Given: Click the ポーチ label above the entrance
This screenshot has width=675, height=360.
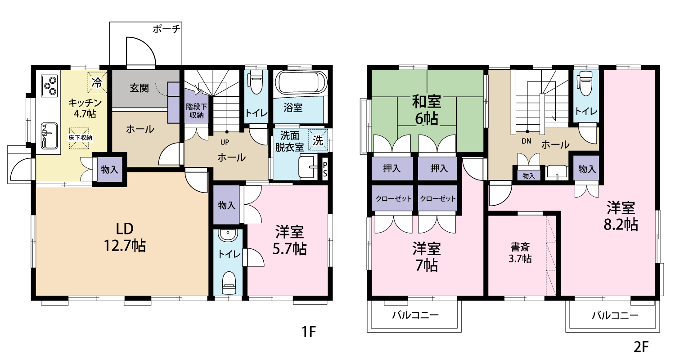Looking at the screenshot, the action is [x=166, y=29].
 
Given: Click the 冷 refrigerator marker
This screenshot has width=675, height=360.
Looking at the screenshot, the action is [x=97, y=82].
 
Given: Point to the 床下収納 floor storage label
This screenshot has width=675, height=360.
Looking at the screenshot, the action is [x=80, y=138].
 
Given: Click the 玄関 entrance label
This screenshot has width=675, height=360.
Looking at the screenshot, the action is [x=139, y=88].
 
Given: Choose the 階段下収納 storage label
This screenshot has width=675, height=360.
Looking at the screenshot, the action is [x=197, y=111].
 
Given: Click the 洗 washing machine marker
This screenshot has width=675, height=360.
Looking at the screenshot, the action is [x=318, y=140].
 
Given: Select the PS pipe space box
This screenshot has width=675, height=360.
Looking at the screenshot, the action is [x=325, y=169].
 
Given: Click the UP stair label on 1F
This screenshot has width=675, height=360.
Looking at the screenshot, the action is [x=225, y=142].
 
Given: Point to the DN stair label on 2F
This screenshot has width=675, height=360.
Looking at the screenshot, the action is [x=526, y=141].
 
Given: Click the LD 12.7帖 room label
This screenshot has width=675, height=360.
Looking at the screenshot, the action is [x=125, y=238].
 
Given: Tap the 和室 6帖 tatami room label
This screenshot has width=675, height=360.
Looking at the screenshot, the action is [x=427, y=110].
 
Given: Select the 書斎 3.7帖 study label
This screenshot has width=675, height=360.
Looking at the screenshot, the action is [x=520, y=253].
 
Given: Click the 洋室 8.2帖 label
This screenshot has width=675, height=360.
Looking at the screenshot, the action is [x=621, y=216].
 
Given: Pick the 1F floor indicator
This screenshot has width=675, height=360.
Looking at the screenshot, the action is [x=309, y=332].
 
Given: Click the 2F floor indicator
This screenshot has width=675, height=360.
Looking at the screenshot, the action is [x=641, y=347].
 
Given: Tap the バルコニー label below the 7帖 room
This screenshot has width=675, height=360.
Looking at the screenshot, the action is [x=415, y=315].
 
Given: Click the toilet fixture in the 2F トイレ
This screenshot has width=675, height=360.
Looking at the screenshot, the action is [x=585, y=83].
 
